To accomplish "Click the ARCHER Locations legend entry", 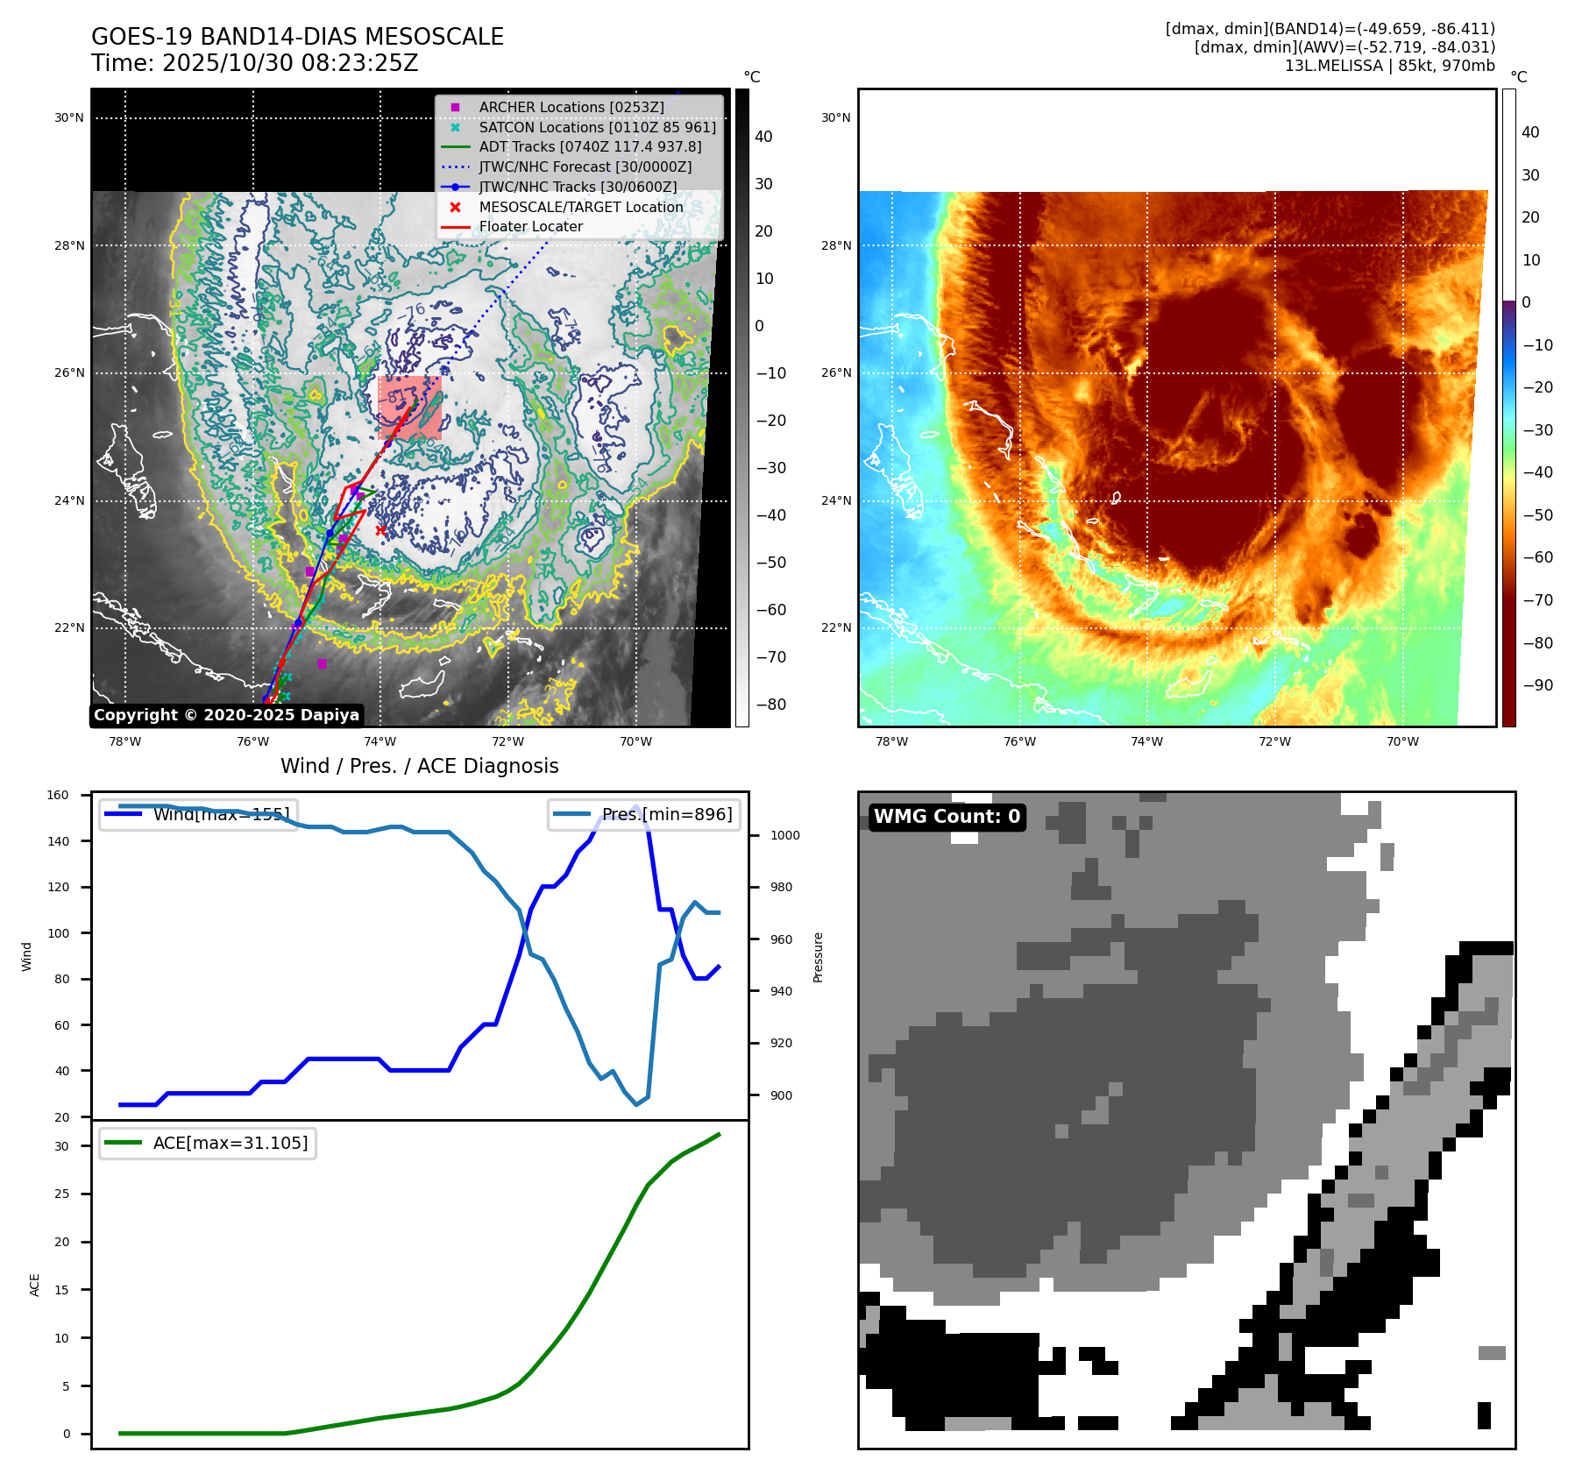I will (571, 107).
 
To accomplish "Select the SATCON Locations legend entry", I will (597, 127).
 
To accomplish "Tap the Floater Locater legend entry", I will (530, 226).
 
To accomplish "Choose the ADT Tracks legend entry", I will (590, 146).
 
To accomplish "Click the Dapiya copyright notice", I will (226, 715).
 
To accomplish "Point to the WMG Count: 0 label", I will (947, 817).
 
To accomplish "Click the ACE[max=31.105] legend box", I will (208, 1143).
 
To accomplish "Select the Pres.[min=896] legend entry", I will (644, 814).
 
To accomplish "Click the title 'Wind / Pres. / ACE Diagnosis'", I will (419, 766).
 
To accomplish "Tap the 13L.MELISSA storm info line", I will (1389, 66).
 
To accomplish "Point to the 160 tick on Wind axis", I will (58, 796).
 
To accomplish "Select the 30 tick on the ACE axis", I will (61, 1146).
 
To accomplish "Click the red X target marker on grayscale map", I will (380, 530).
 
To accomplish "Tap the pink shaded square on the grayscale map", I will (409, 407).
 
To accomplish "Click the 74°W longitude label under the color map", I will (1146, 741).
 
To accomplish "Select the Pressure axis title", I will (818, 957).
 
